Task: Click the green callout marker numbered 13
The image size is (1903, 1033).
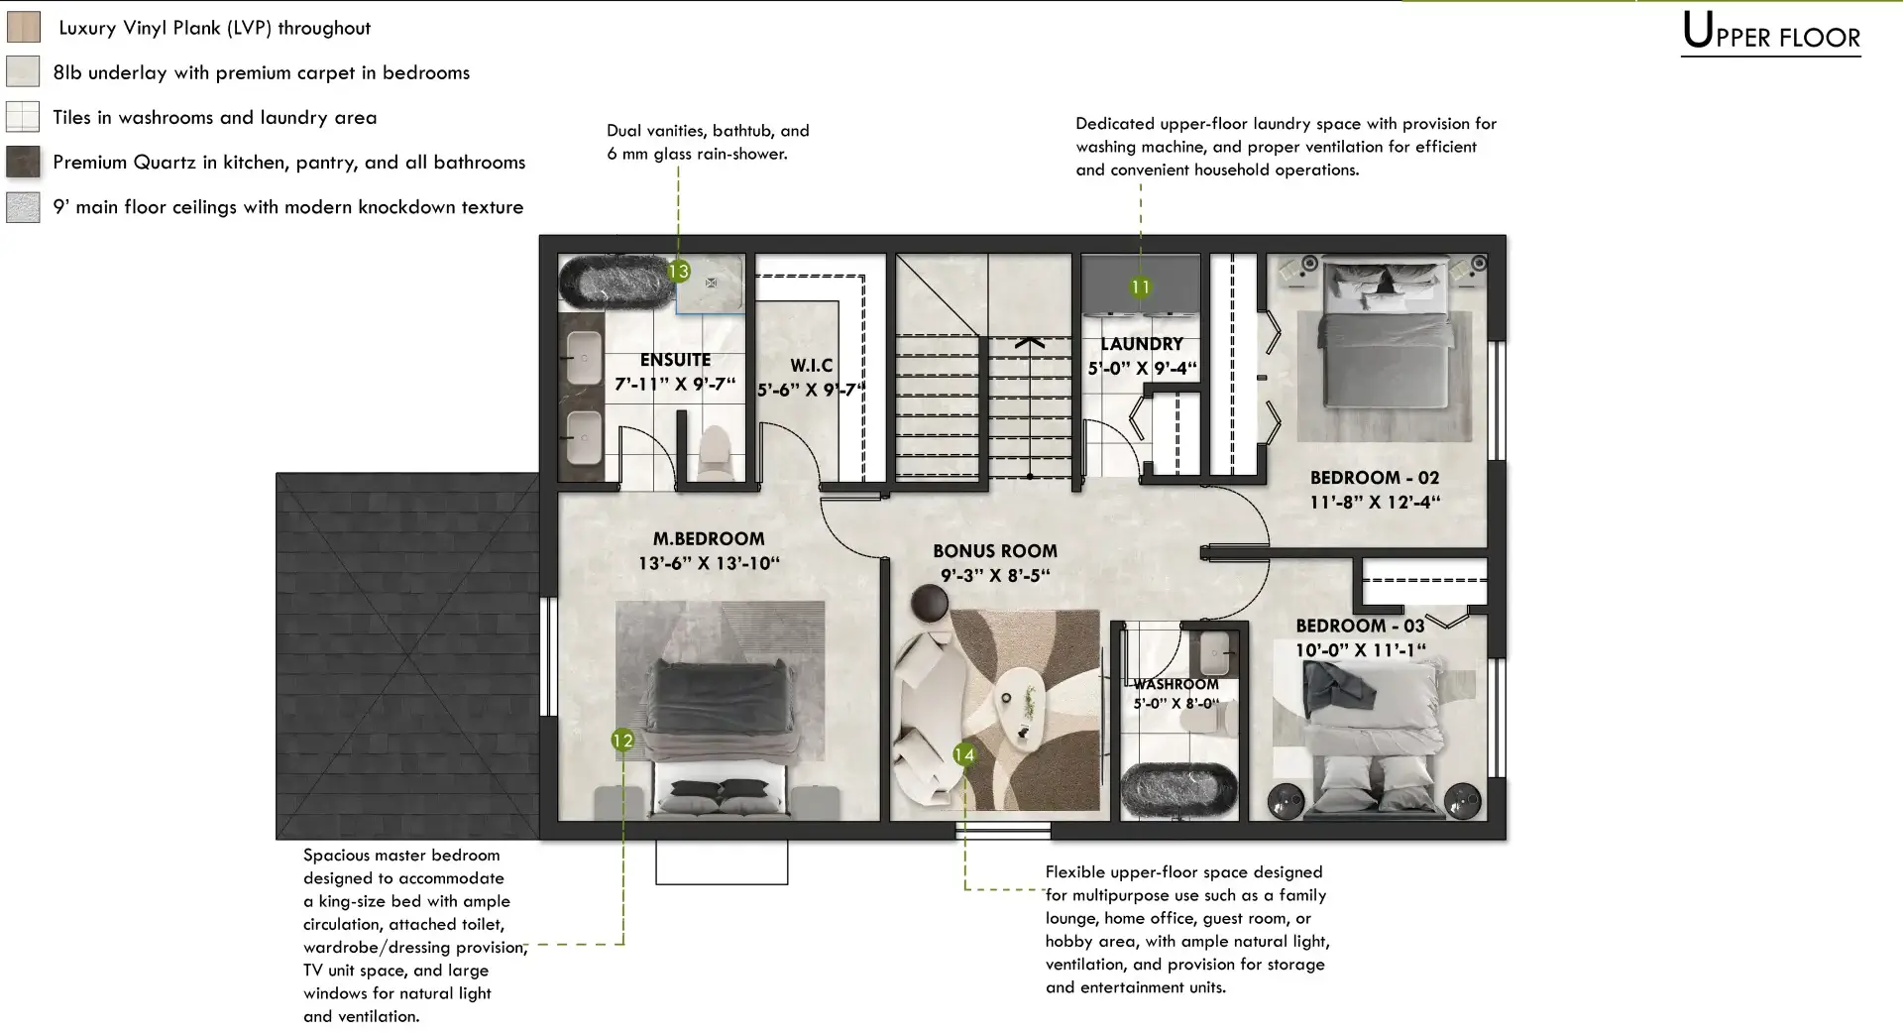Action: pos(678,271)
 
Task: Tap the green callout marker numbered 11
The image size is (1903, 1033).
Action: pos(1141,287)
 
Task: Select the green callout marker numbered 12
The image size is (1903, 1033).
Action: pos(622,740)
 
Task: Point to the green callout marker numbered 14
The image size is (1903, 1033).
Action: pos(964,754)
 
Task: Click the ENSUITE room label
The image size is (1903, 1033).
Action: pos(675,360)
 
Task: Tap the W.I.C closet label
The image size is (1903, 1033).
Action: pos(811,365)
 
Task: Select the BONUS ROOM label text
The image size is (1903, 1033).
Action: pos(995,551)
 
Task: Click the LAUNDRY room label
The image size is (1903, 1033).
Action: pos(1142,344)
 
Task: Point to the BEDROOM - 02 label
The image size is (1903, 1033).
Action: pos(1375,478)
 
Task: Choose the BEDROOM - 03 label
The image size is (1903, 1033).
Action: pos(1361,626)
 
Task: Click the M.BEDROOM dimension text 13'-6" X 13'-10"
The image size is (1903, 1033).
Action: pos(709,564)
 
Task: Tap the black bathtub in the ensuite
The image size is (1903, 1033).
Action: pos(616,281)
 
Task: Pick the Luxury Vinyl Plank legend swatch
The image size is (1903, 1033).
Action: pos(24,27)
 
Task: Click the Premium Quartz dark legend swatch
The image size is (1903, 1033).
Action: pos(24,162)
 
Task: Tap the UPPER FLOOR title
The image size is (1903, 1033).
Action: pos(1771,33)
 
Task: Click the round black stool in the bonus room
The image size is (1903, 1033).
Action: pos(931,604)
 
